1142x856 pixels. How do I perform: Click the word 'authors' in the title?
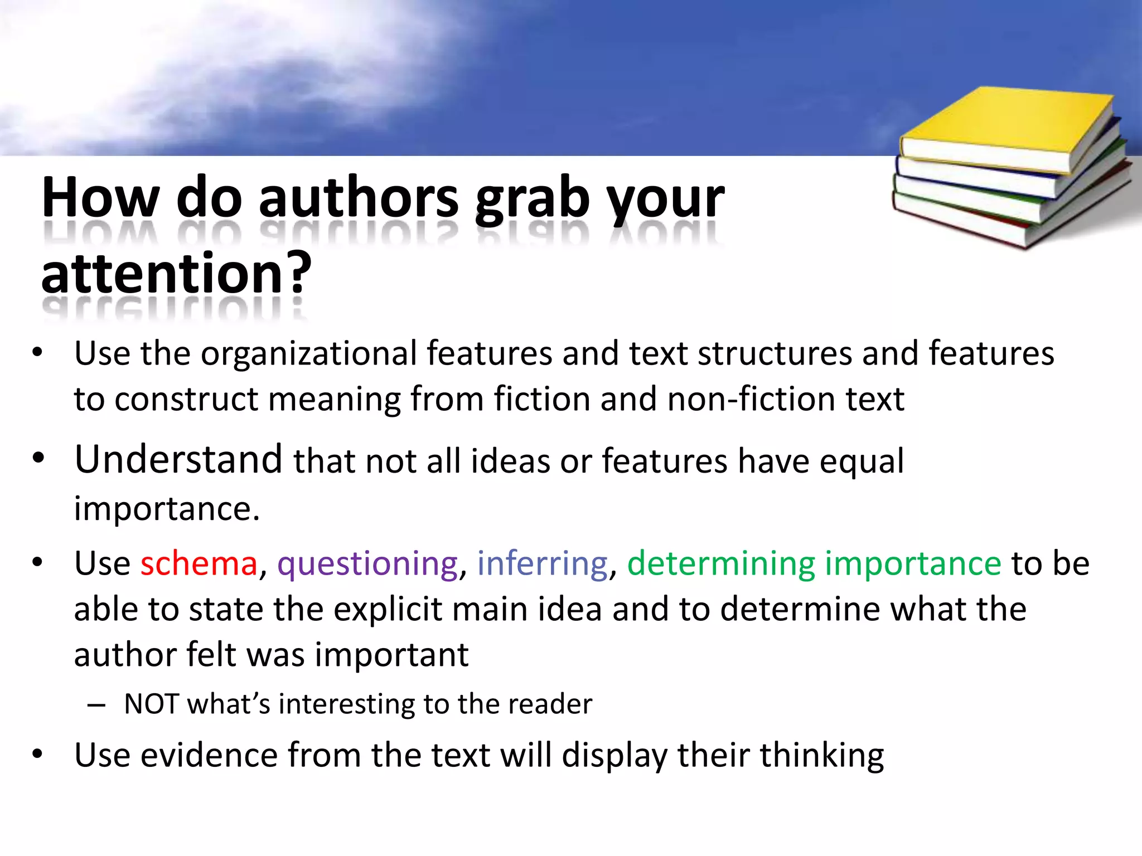(x=359, y=198)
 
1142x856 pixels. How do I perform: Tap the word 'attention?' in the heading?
(x=176, y=273)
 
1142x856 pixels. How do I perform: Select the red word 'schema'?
(x=199, y=563)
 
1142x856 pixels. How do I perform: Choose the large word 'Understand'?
(x=178, y=459)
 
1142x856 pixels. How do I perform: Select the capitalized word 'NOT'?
(x=151, y=703)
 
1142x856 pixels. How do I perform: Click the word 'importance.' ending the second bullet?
(x=167, y=508)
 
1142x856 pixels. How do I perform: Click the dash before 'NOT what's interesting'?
(x=96, y=705)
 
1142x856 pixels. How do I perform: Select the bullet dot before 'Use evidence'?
(x=37, y=754)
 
